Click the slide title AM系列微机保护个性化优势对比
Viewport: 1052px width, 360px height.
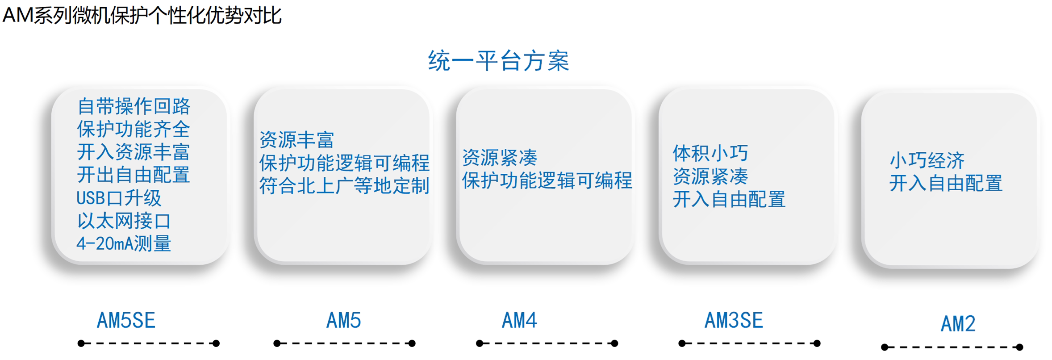[x=142, y=16]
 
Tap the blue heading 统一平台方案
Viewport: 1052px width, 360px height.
[x=498, y=61]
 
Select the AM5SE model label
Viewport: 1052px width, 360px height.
[x=126, y=321]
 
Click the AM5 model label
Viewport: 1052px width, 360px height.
[x=343, y=320]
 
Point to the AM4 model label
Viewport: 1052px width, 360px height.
[x=519, y=320]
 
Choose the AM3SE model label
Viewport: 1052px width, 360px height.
[x=734, y=320]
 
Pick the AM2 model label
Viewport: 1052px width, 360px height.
[x=958, y=324]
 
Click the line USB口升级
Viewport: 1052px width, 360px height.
[x=119, y=198]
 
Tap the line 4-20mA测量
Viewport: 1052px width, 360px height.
[x=124, y=243]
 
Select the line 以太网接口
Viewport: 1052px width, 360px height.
[x=124, y=221]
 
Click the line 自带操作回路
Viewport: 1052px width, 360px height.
[x=134, y=106]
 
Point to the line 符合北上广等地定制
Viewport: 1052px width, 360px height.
[x=344, y=186]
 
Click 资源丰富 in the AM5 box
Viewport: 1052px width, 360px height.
[x=296, y=140]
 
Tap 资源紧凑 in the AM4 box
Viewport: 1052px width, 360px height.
[x=499, y=157]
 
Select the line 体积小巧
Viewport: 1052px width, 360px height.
[x=710, y=153]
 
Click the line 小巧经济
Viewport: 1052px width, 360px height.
[x=927, y=160]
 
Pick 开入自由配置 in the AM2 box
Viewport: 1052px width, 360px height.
[x=946, y=183]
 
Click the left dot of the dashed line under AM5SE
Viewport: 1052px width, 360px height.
[x=81, y=343]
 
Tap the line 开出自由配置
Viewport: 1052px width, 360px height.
[x=134, y=175]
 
